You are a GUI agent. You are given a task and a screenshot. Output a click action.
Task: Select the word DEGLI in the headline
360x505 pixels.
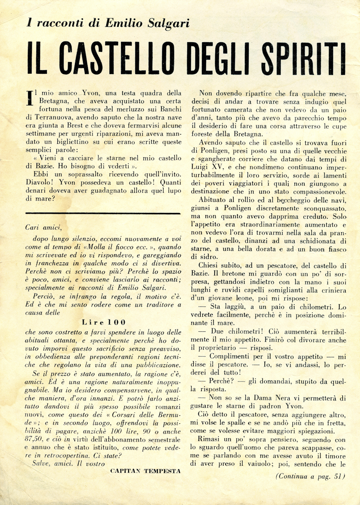(x=219, y=58)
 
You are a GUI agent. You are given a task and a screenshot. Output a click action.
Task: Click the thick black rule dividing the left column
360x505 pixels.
(x=103, y=213)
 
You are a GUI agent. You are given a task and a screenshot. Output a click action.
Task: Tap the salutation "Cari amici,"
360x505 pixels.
(x=44, y=227)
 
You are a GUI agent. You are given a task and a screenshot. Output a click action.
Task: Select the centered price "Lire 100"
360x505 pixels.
(x=104, y=322)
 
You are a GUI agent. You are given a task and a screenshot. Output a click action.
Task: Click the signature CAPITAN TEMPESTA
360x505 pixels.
(x=145, y=471)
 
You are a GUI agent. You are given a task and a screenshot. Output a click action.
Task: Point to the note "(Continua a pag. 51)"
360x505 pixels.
(x=310, y=477)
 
